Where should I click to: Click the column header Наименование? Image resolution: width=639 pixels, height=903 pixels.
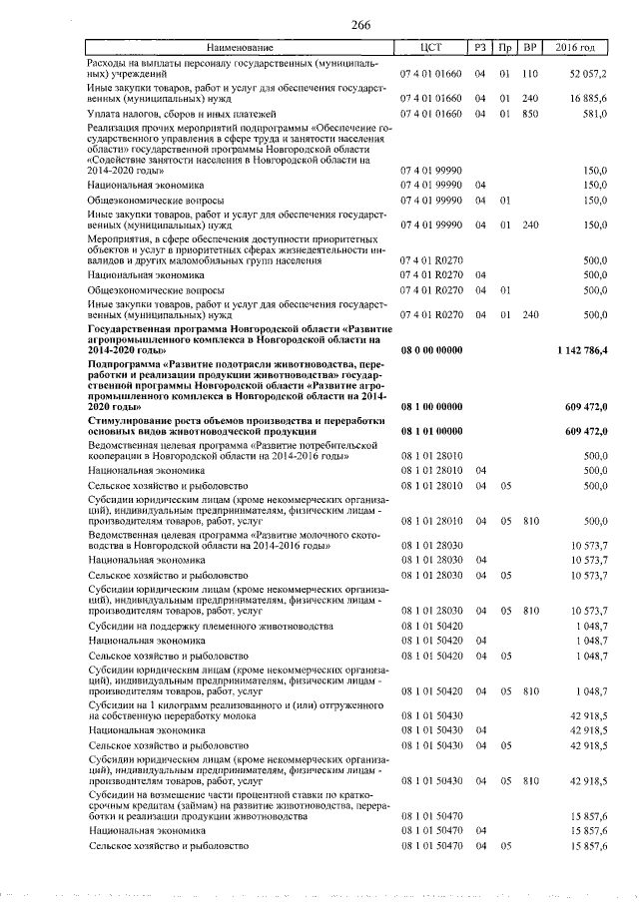click(240, 48)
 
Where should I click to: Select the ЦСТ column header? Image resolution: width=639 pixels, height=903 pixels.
click(431, 48)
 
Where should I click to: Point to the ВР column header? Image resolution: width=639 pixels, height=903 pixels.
click(530, 48)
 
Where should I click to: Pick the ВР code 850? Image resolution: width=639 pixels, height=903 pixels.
click(530, 114)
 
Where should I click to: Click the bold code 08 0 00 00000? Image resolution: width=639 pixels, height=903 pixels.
click(431, 351)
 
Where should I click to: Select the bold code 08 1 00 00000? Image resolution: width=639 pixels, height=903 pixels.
click(431, 408)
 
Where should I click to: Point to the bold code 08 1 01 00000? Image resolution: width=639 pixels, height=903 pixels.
click(431, 432)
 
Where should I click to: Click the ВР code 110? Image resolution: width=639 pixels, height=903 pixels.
click(530, 75)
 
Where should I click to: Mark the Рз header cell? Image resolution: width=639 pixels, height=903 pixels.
click(480, 48)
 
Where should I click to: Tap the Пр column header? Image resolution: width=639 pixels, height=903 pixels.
click(505, 48)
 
